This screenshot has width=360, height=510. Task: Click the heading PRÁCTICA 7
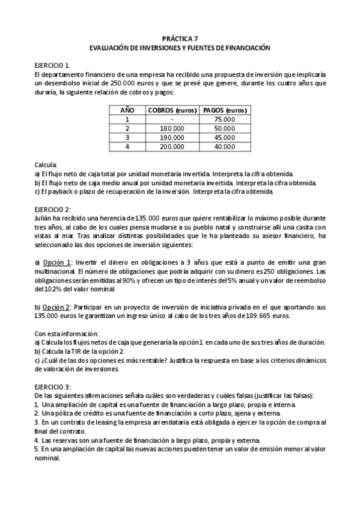click(180, 38)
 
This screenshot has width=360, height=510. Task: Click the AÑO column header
click(127, 110)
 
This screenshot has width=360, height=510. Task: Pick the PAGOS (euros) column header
click(225, 110)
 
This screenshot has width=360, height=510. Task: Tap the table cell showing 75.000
click(225, 119)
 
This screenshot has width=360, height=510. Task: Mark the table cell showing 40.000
click(225, 146)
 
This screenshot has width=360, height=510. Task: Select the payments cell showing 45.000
click(225, 137)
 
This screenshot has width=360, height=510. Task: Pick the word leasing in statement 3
click(102, 423)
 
